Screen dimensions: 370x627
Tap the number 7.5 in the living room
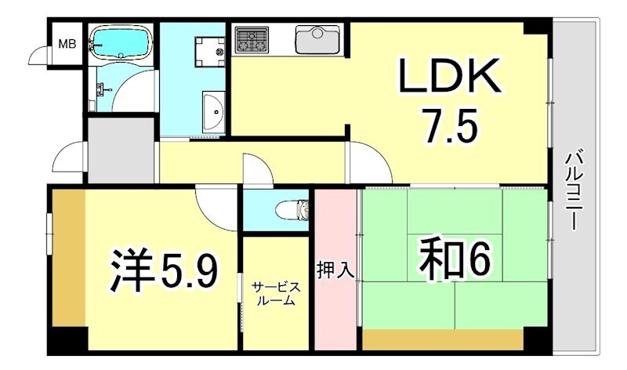(x=450, y=125)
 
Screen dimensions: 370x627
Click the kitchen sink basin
(x=317, y=38)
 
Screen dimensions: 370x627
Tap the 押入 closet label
(x=335, y=271)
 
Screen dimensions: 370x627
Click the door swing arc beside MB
(x=39, y=55)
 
